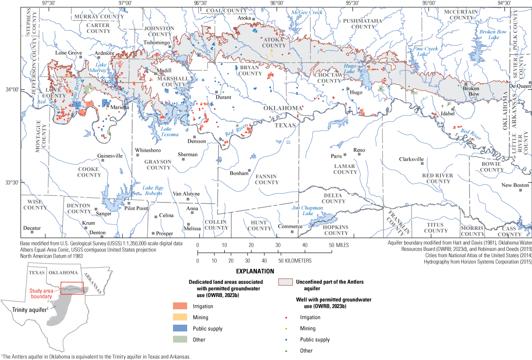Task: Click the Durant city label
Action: (x=223, y=97)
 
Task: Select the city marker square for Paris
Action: (x=344, y=154)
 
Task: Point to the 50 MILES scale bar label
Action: (x=340, y=245)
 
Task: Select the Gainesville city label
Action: (x=110, y=156)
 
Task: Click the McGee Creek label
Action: (x=307, y=12)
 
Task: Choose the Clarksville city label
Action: (x=411, y=159)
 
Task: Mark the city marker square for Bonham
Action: (x=249, y=170)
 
